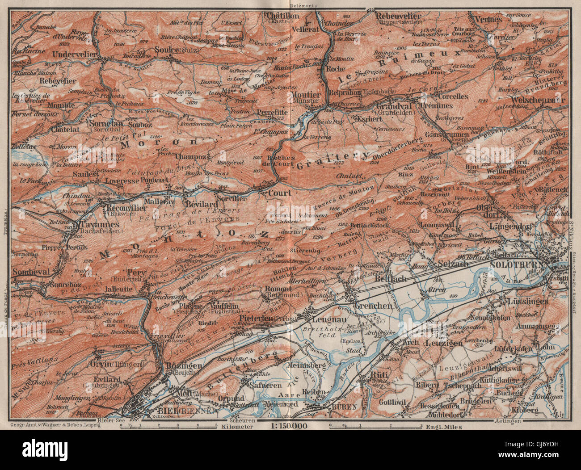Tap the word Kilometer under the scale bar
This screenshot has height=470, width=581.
tap(236, 426)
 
